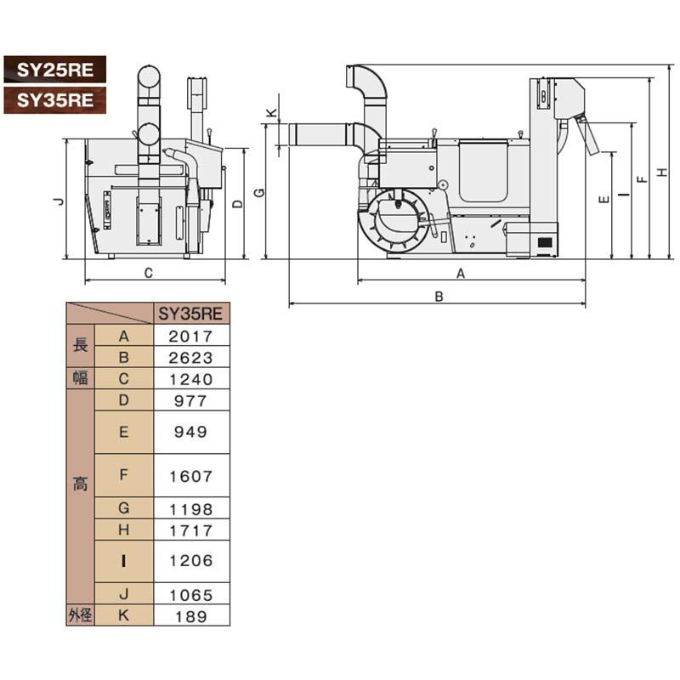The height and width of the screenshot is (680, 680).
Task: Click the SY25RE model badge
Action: pyautogui.click(x=54, y=68)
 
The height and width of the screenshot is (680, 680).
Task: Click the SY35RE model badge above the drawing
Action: pyautogui.click(x=54, y=99)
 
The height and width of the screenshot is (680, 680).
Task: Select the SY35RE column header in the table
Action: pyautogui.click(x=191, y=313)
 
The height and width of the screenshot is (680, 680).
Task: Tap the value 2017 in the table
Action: pyautogui.click(x=191, y=336)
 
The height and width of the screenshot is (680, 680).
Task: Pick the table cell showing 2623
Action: pyautogui.click(x=191, y=357)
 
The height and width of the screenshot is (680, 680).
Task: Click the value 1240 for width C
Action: pyautogui.click(x=191, y=379)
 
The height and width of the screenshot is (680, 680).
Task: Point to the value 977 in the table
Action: pyautogui.click(x=191, y=400)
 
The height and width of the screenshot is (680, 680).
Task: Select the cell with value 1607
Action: pyautogui.click(x=191, y=476)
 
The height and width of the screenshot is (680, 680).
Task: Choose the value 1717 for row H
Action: pyautogui.click(x=191, y=530)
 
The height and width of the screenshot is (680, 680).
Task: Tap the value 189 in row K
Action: pyautogui.click(x=191, y=616)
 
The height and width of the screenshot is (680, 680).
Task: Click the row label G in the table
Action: pyautogui.click(x=124, y=508)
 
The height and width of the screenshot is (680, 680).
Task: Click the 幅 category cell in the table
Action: pyautogui.click(x=80, y=379)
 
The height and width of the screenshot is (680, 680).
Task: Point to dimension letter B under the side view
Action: pyautogui.click(x=439, y=297)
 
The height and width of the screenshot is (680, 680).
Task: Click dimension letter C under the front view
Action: pyautogui.click(x=148, y=274)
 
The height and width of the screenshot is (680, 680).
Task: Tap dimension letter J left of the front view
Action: pyautogui.click(x=56, y=201)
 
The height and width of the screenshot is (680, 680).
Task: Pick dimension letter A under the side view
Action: pyautogui.click(x=461, y=273)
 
